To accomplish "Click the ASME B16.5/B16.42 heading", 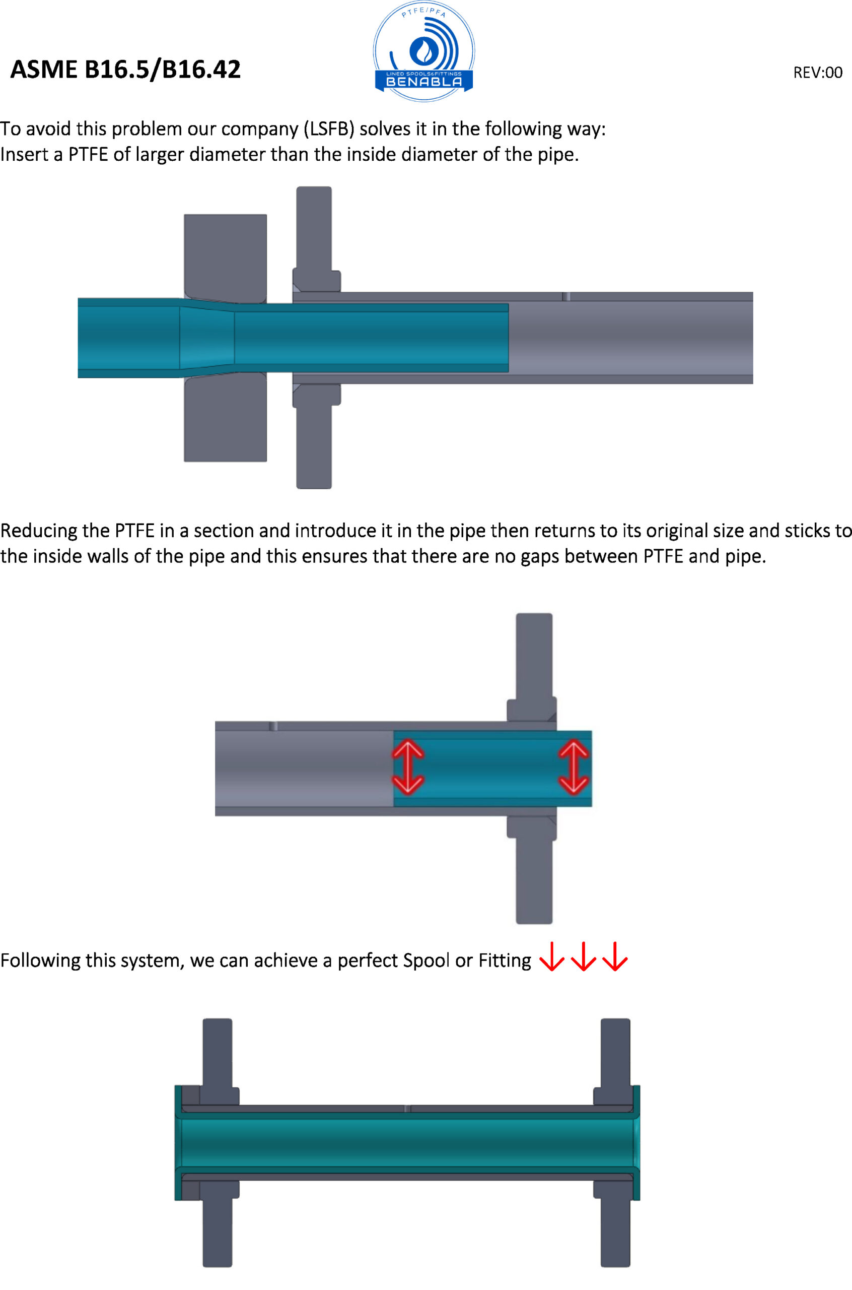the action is (x=125, y=70).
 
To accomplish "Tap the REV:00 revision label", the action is (x=818, y=72).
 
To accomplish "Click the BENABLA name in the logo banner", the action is (x=424, y=82).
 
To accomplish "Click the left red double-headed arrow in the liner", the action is (x=408, y=767).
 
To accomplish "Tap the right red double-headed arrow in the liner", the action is (x=574, y=767).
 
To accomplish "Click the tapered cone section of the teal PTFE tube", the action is (x=207, y=338).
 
